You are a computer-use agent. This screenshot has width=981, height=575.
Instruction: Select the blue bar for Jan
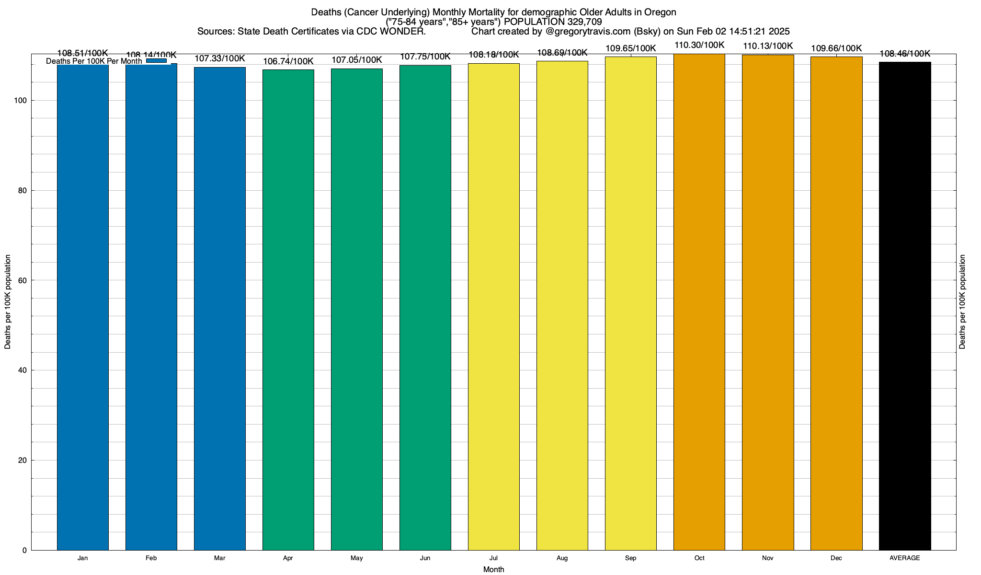pos(83,307)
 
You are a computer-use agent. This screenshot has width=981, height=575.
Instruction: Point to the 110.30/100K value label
pos(699,46)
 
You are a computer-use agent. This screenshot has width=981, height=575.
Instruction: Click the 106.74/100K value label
pos(288,61)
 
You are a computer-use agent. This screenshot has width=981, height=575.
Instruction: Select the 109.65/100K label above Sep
pos(631,48)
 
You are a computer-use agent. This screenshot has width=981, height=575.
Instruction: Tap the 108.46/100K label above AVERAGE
pos(905,54)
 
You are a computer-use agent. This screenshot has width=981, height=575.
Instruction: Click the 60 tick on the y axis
pos(23,280)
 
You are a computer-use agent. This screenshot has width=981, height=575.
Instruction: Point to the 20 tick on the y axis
pos(23,460)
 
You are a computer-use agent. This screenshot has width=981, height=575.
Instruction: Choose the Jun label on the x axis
pos(425,558)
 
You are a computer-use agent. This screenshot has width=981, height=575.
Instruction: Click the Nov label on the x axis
pos(768,558)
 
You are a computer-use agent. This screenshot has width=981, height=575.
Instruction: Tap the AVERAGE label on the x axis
pos(905,558)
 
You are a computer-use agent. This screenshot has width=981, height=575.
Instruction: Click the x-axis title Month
pos(493,570)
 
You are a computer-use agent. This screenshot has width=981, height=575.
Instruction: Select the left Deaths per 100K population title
pos(8,302)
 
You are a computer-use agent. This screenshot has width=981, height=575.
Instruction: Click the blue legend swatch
pos(156,61)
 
